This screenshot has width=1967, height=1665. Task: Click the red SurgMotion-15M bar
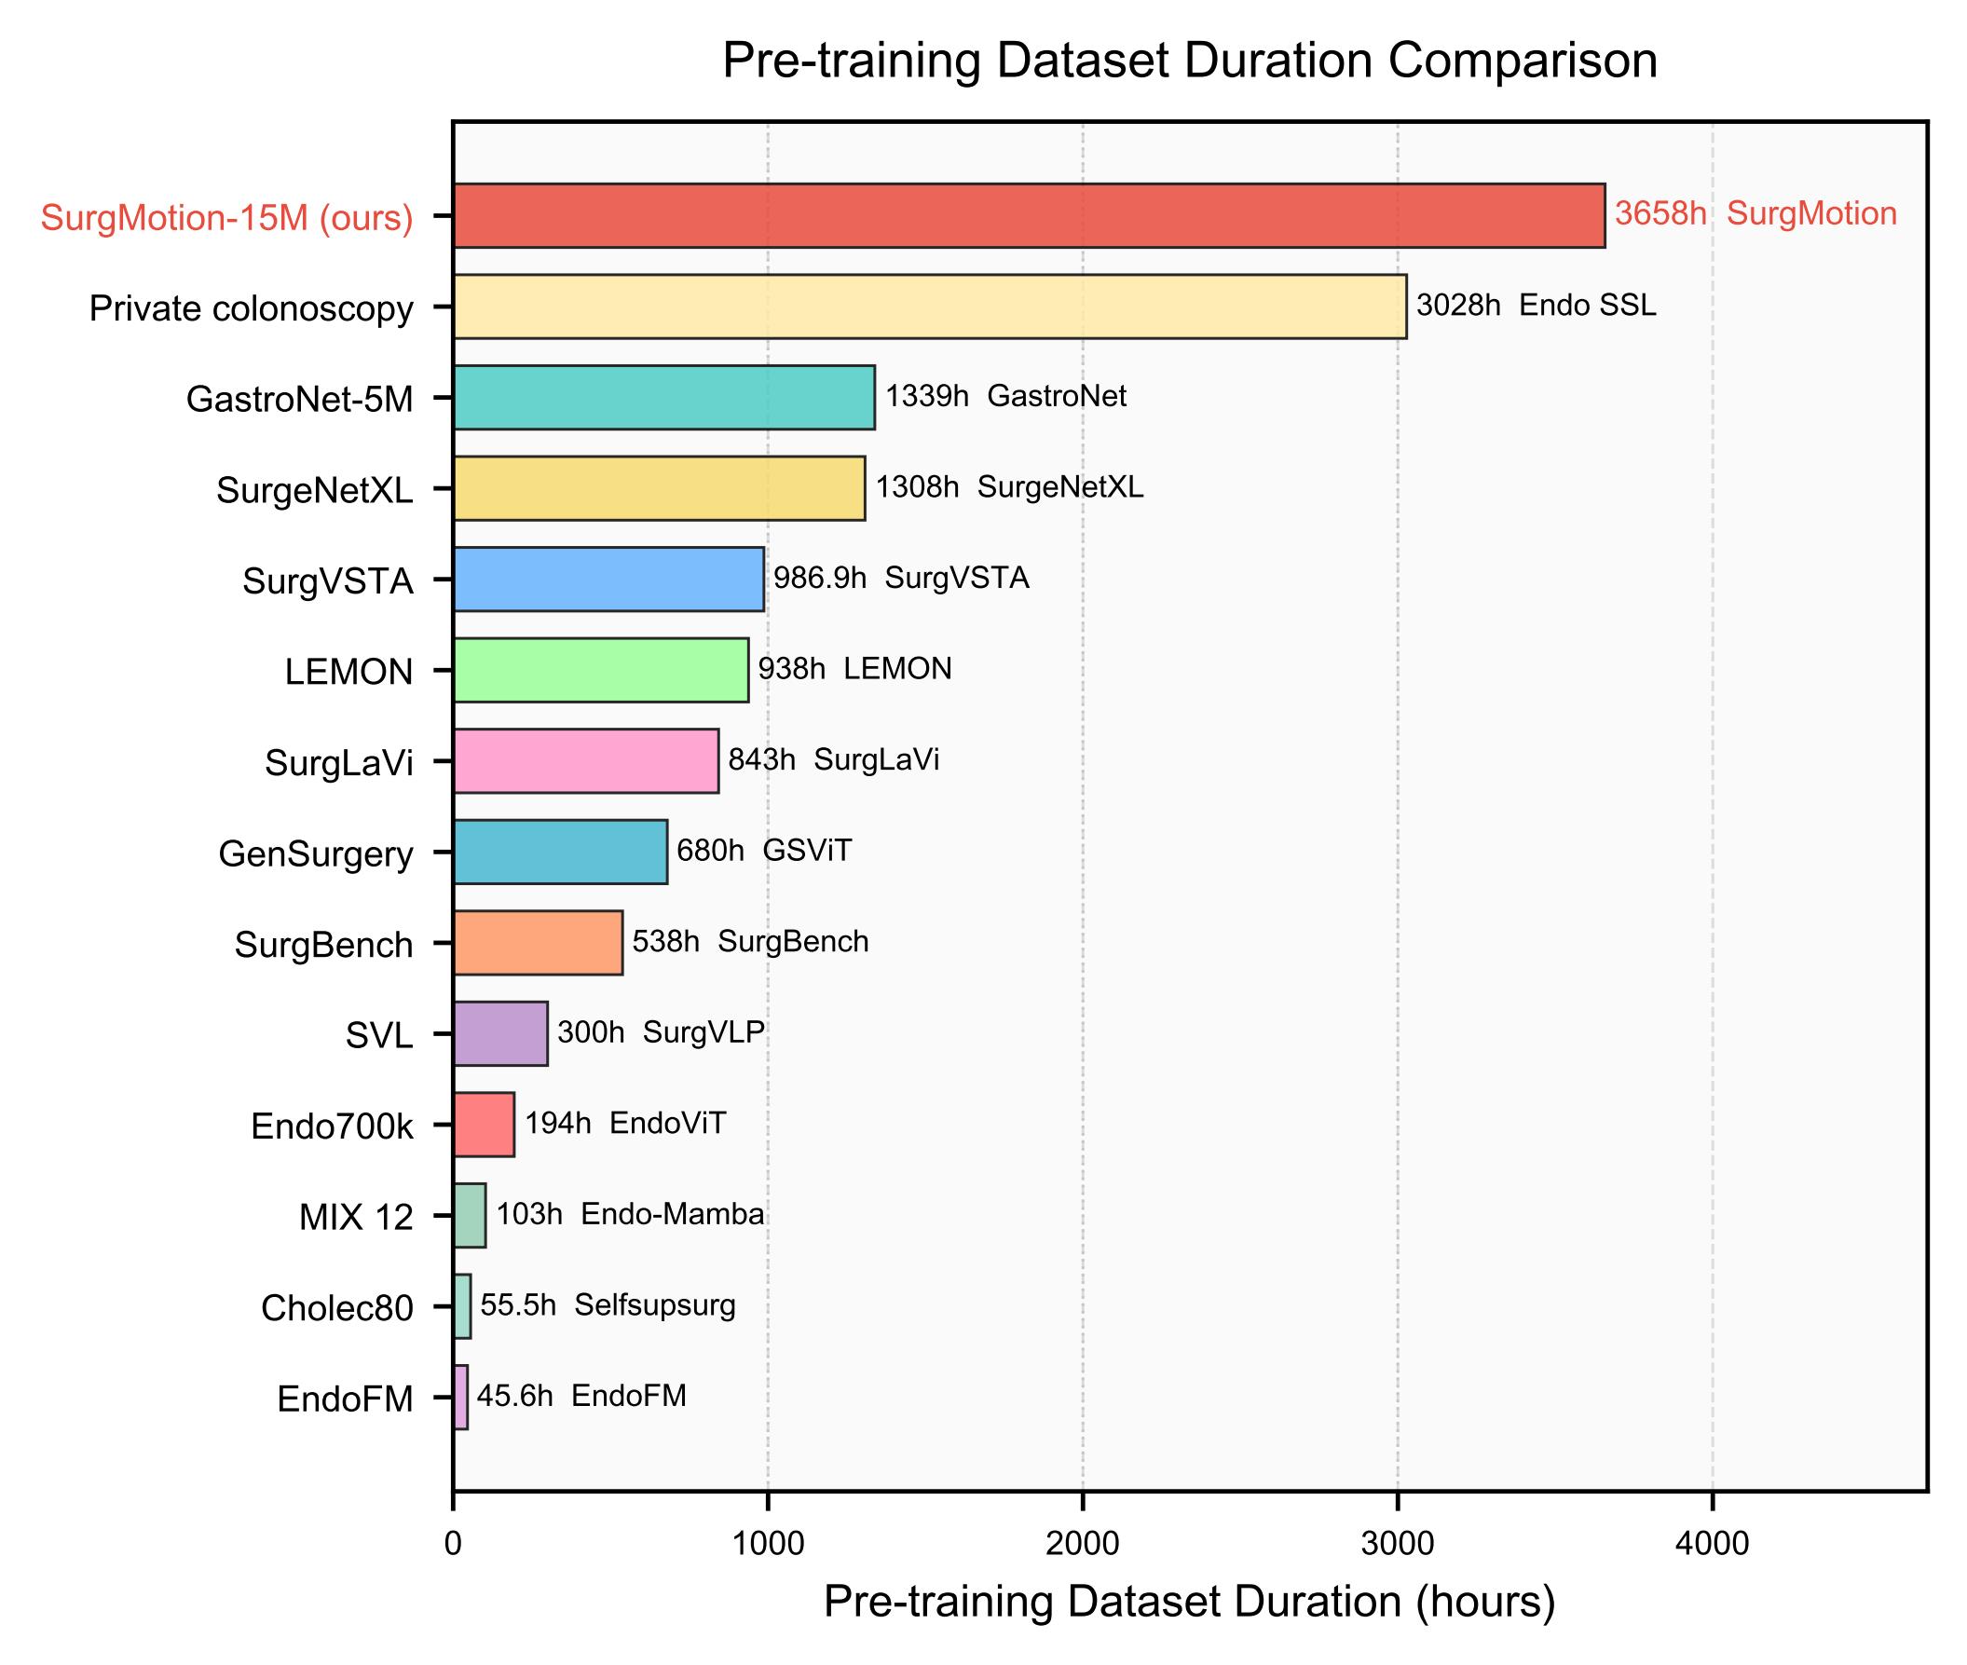pos(1029,216)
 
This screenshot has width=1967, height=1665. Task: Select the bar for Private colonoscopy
pos(930,307)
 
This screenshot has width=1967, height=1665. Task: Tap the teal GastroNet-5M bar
pos(663,397)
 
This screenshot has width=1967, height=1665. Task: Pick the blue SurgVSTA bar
pos(608,579)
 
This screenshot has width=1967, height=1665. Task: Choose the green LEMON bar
pos(601,670)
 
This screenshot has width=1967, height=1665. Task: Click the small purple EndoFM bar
pos(460,1397)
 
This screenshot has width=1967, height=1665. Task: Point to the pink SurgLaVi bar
pos(586,761)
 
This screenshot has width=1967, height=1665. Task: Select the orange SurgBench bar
pos(538,942)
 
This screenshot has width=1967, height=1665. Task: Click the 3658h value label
pos(1660,214)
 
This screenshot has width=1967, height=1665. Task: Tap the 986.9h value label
pos(819,578)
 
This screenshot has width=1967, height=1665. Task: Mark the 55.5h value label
pos(517,1305)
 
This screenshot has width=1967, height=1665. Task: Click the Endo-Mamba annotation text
pos(672,1214)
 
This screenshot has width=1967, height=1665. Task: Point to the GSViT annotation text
pos(807,851)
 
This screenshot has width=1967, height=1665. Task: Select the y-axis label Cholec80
pos(337,1308)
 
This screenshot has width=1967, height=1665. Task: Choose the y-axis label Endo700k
pos(333,1127)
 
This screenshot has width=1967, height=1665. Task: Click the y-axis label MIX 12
pos(356,1218)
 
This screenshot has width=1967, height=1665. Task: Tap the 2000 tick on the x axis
pos(1083,1544)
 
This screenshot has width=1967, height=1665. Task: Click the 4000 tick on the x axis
pos(1713,1544)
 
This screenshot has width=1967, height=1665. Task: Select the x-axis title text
pos(1189,1603)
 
